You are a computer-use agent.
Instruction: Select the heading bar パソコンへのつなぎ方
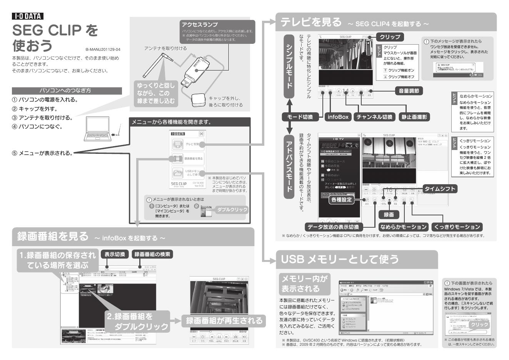67,91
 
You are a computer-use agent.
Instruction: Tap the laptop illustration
97,129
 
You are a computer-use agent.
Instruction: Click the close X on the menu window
201,134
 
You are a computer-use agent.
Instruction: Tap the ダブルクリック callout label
232,210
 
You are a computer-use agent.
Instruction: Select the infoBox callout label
337,117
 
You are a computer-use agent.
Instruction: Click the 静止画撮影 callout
414,117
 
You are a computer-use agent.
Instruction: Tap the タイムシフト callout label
440,188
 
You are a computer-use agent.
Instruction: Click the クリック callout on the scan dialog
479,325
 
